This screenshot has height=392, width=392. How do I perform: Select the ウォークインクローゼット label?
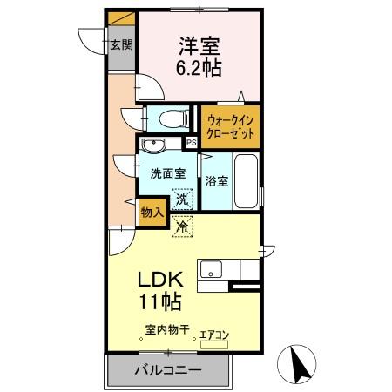click(x=231, y=129)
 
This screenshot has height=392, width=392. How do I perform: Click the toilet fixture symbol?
click(x=166, y=118)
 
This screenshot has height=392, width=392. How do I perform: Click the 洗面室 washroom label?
click(x=168, y=173)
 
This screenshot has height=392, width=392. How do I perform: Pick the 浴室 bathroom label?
click(x=217, y=182)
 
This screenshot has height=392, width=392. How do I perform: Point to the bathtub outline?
click(x=247, y=180)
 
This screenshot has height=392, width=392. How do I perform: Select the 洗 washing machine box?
click(x=182, y=199)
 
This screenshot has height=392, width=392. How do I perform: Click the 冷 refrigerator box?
click(x=182, y=226)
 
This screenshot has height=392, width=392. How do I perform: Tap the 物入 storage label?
click(x=151, y=212)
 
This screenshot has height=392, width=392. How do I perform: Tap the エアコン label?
click(x=215, y=333)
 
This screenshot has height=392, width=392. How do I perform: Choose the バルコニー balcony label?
click(x=167, y=370)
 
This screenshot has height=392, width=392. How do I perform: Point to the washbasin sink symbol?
click(x=159, y=145)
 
